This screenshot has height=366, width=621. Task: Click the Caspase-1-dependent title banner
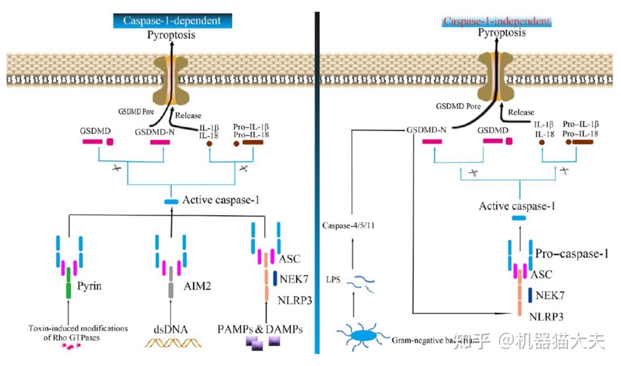coord(172,21)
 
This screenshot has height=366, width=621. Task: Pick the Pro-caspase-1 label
coord(572,254)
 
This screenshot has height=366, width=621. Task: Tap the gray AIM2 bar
coord(171,283)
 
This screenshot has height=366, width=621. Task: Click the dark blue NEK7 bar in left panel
coord(275,278)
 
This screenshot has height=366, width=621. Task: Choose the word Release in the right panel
coord(521,112)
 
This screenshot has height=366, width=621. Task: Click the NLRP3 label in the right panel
coord(546,317)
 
